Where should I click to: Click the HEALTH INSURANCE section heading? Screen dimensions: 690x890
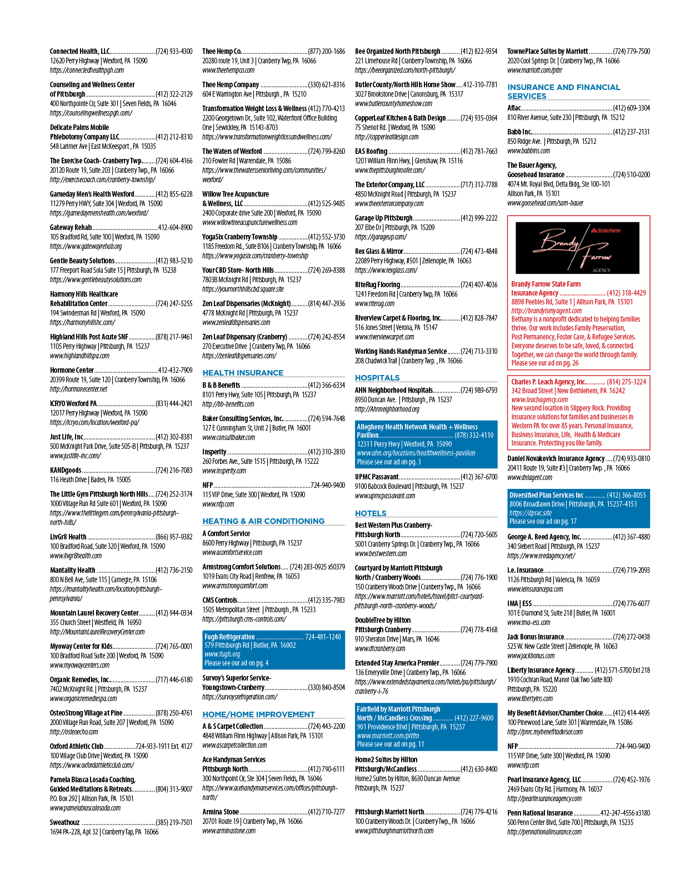pyautogui.click(x=242, y=373)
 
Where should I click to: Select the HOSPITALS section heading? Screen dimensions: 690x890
pyautogui.click(x=377, y=378)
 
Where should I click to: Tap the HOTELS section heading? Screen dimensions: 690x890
pyautogui.click(x=371, y=513)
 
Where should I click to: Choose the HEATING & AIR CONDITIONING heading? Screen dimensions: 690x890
pyautogui.click(x=263, y=521)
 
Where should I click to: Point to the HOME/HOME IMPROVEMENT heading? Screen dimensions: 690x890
pyautogui.click(x=258, y=714)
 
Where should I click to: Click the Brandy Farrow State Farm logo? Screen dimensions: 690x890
pyautogui.click(x=577, y=248)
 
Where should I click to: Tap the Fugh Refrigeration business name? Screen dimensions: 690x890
pyautogui.click(x=229, y=637)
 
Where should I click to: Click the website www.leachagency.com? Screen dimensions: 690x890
pyautogui.click(x=539, y=399)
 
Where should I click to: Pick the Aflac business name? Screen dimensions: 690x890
pyautogui.click(x=514, y=108)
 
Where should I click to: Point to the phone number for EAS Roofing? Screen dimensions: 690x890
pyautogui.click(x=479, y=151)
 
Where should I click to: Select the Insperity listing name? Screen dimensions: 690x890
pyautogui.click(x=214, y=452)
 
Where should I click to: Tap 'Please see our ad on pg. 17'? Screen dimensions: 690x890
pyautogui.click(x=543, y=521)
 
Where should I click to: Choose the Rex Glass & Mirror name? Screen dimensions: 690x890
pyautogui.click(x=379, y=251)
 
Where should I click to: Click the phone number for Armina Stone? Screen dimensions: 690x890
pyautogui.click(x=326, y=811)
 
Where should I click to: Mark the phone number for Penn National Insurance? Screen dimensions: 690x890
pyautogui.click(x=625, y=813)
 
